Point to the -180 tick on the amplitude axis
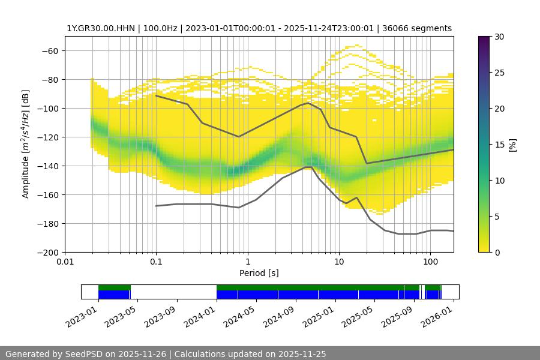point(48,223)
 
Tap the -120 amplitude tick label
point(48,137)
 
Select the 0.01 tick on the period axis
point(65,262)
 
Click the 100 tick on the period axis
point(430,262)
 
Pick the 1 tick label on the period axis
point(247,262)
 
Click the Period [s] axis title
point(259,273)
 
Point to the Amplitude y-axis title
point(26,144)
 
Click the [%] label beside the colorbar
point(512,145)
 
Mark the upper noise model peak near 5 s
point(308,103)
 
